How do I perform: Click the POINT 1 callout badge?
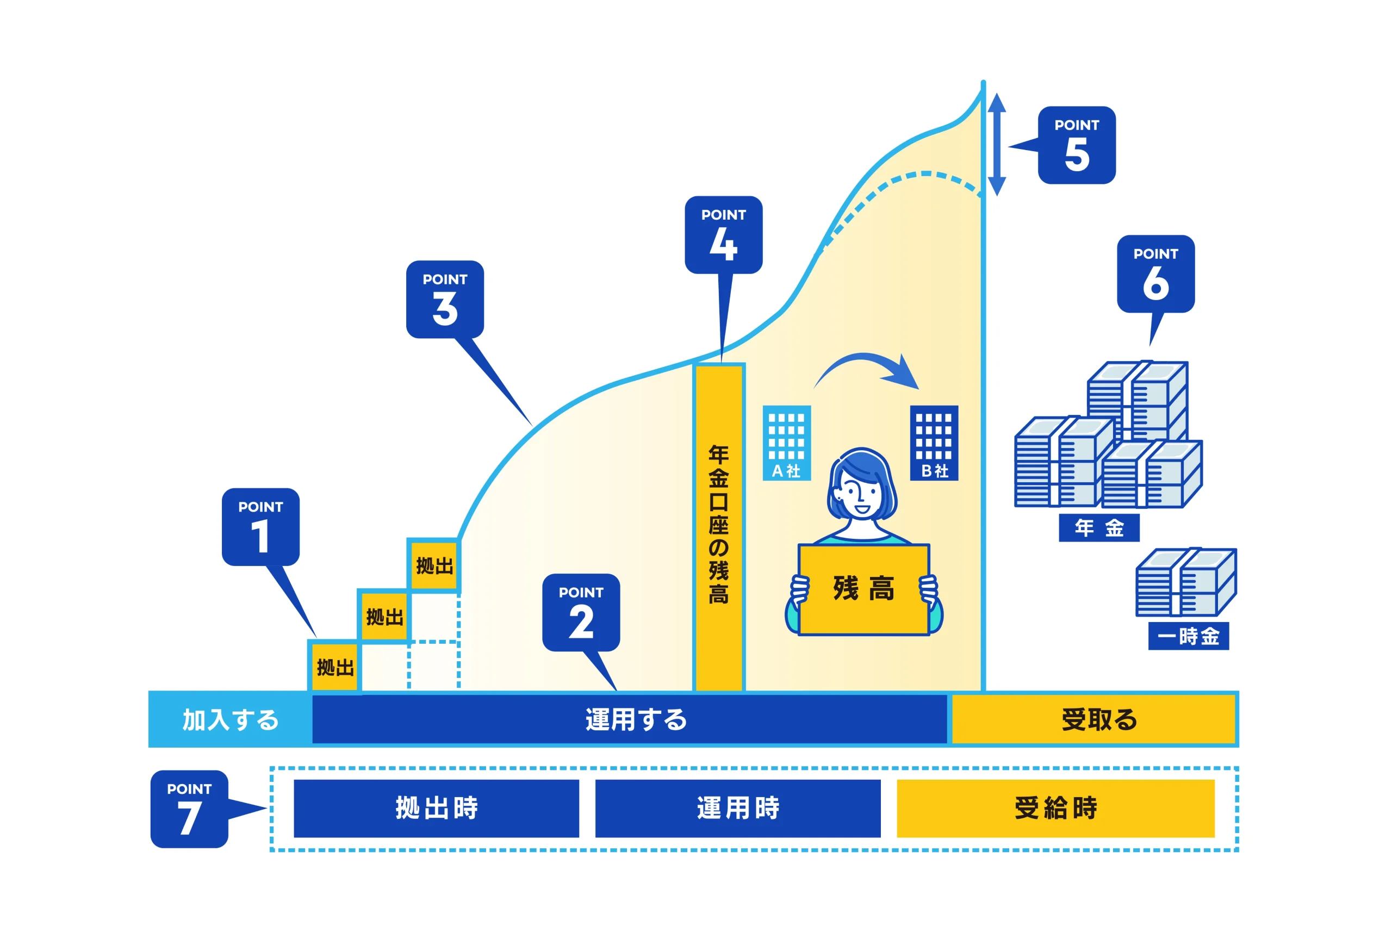tap(260, 526)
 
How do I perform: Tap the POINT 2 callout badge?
tap(581, 612)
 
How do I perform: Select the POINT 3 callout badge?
tap(445, 299)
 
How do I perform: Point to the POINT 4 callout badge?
tap(724, 235)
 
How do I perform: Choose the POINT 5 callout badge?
tap(1076, 145)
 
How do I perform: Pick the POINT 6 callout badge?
tap(1155, 273)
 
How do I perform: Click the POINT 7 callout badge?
tap(189, 809)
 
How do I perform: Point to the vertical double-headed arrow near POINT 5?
tap(996, 145)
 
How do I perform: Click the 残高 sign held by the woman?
tap(863, 589)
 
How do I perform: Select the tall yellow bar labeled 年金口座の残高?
tap(719, 527)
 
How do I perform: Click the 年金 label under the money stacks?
tap(1098, 527)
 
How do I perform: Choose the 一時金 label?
tap(1188, 636)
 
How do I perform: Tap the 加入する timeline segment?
tap(231, 719)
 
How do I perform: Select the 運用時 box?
tap(737, 808)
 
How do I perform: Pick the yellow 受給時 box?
tap(1055, 808)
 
